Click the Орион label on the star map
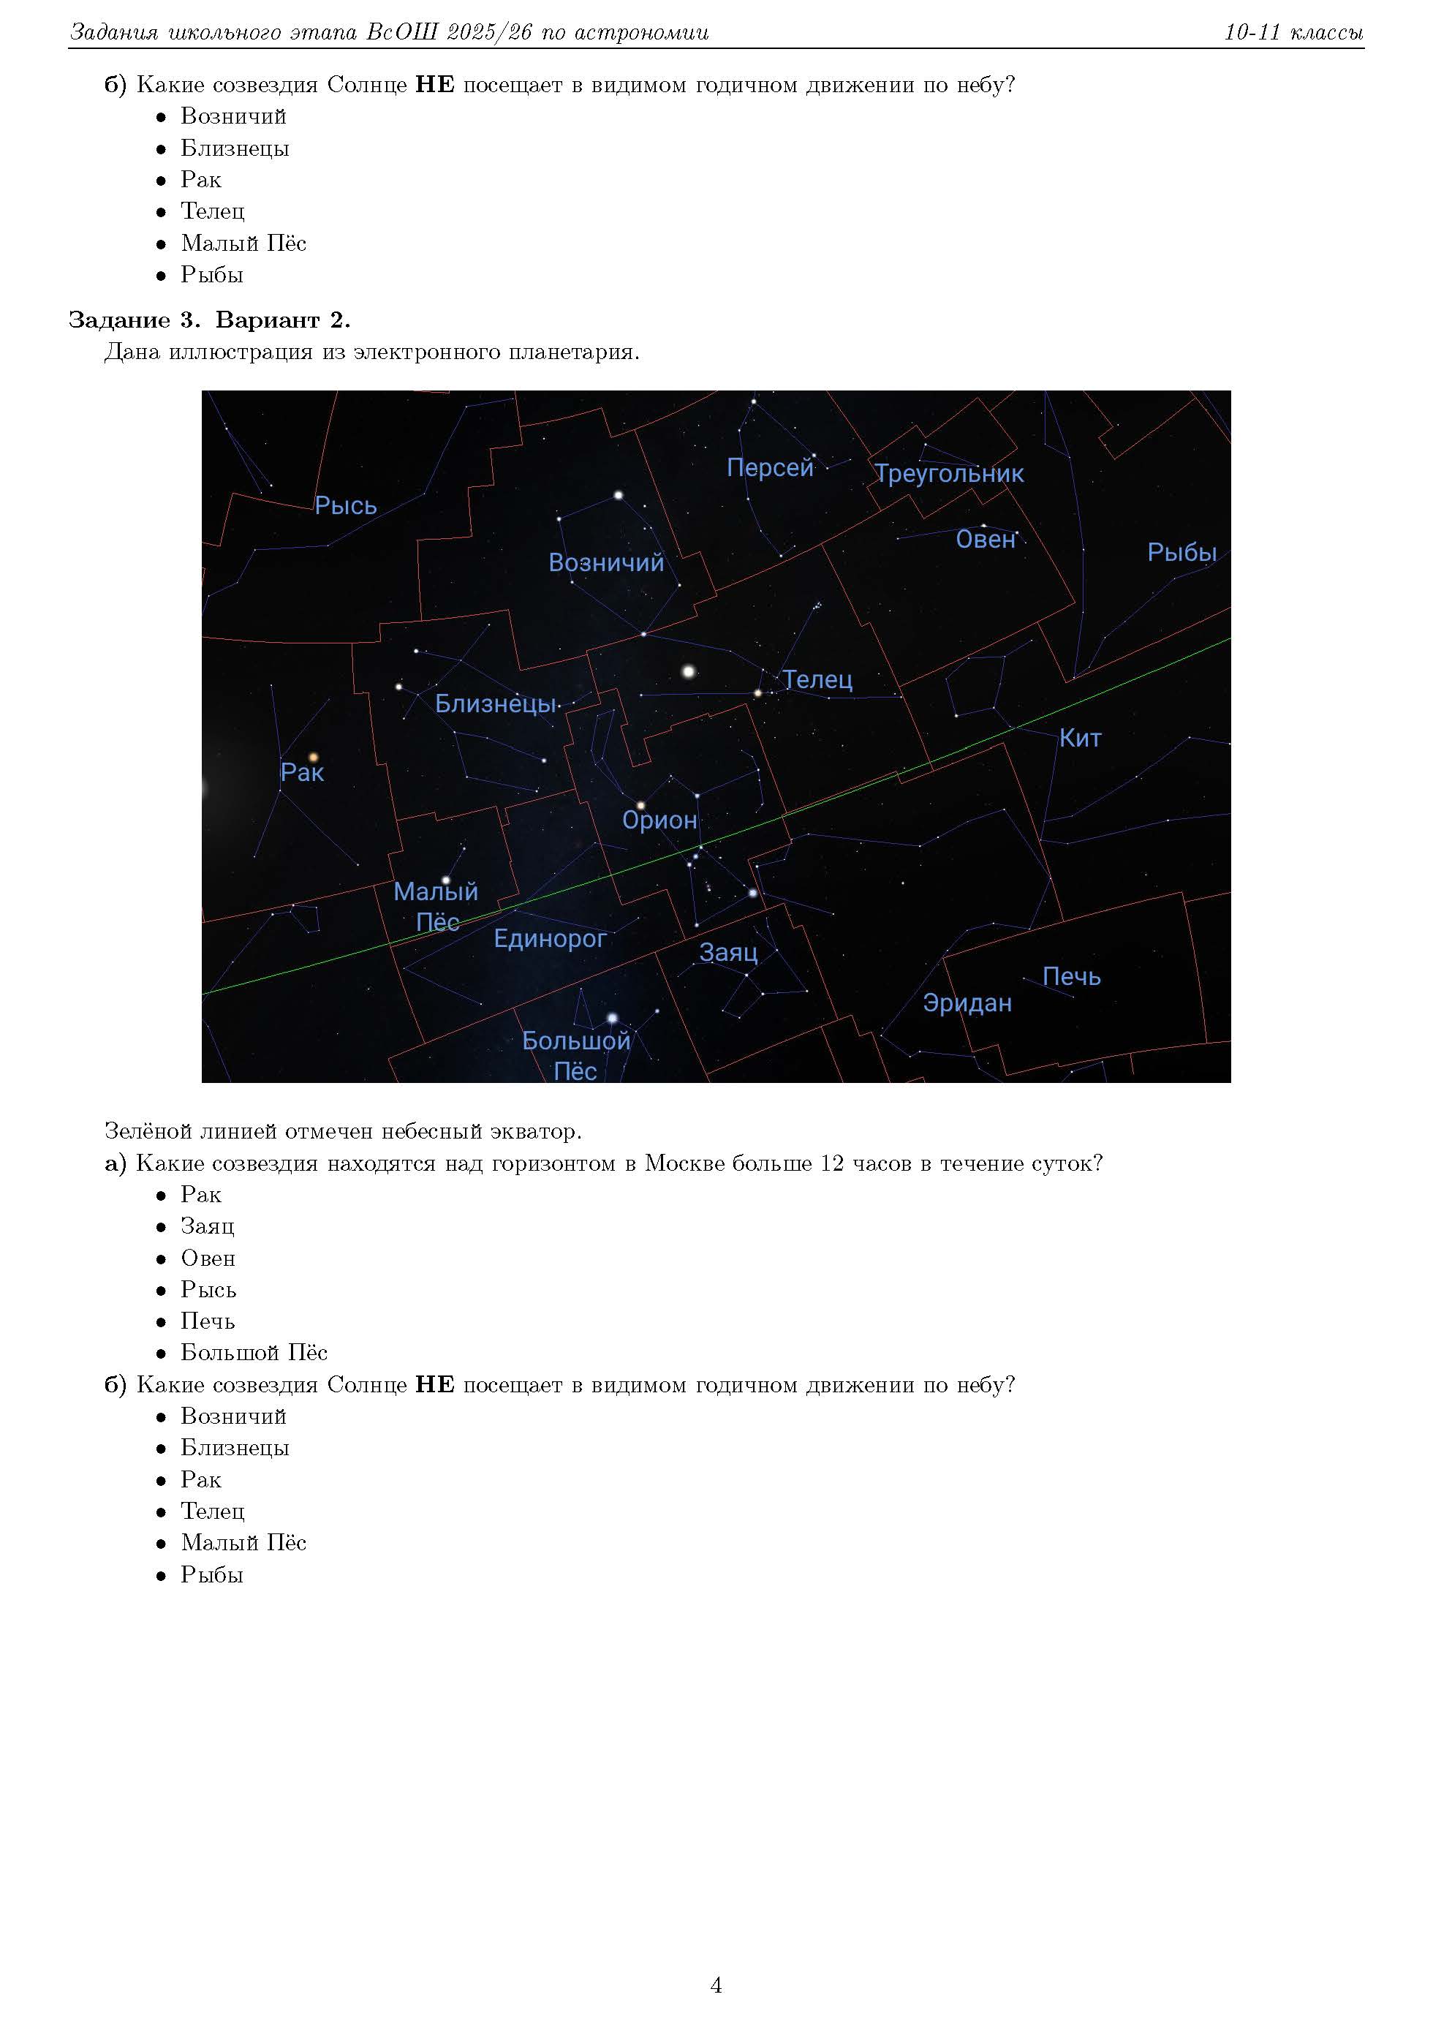(x=659, y=820)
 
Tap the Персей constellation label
(x=770, y=467)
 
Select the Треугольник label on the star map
(x=949, y=473)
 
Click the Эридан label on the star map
(x=967, y=1003)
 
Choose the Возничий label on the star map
(x=605, y=562)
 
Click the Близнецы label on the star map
(x=495, y=703)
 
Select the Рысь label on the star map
(x=345, y=505)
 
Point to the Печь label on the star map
(x=1071, y=976)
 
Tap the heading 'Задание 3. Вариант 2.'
(x=209, y=320)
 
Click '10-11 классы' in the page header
(x=1293, y=33)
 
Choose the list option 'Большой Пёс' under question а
(x=254, y=1353)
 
